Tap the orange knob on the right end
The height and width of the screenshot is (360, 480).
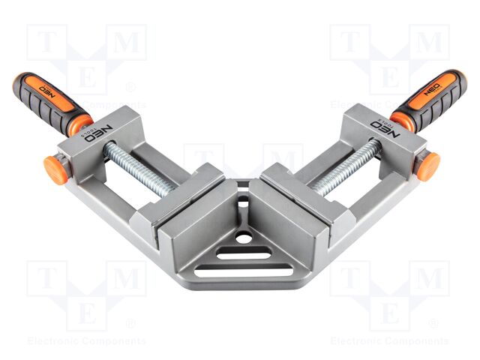click(427, 166)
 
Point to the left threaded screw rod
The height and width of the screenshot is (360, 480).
click(139, 169)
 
